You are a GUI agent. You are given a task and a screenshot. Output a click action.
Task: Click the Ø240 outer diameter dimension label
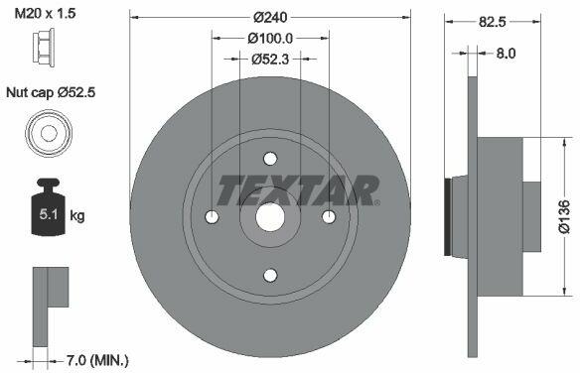click(x=270, y=17)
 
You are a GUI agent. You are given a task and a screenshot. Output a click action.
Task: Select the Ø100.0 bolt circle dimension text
click(x=270, y=38)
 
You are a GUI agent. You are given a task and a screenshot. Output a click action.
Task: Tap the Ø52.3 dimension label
click(x=270, y=60)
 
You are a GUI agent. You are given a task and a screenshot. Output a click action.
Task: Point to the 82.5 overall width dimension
click(x=492, y=22)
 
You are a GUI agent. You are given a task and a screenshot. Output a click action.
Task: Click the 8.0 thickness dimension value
click(x=506, y=54)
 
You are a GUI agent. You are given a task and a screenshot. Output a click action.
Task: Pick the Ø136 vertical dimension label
click(x=564, y=217)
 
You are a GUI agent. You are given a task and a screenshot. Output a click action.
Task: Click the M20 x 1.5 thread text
click(x=45, y=14)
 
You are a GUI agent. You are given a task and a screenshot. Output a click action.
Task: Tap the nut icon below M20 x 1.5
click(x=44, y=48)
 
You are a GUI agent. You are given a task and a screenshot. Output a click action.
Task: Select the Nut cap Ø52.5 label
click(x=51, y=92)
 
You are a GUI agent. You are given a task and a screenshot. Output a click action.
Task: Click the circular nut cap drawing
click(x=49, y=132)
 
